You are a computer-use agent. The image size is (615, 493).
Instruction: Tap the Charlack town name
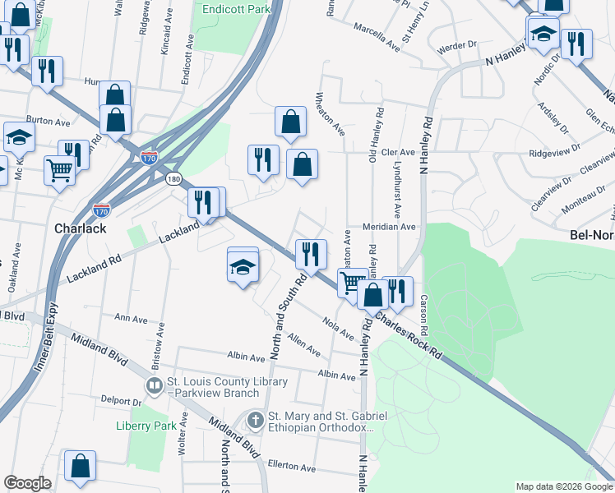click(80, 228)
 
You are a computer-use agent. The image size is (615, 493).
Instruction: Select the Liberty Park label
click(146, 426)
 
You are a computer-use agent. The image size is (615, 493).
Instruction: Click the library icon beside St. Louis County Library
click(154, 385)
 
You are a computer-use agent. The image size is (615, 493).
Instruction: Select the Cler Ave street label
click(398, 153)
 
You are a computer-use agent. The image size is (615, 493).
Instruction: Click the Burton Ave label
click(49, 122)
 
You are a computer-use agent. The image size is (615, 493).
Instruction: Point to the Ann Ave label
click(132, 317)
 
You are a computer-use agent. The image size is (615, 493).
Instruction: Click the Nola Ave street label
click(338, 329)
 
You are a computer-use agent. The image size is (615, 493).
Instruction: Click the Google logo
click(27, 483)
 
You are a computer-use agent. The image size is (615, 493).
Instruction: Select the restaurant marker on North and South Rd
click(311, 254)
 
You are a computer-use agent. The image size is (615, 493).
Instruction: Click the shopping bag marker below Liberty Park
click(80, 467)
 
